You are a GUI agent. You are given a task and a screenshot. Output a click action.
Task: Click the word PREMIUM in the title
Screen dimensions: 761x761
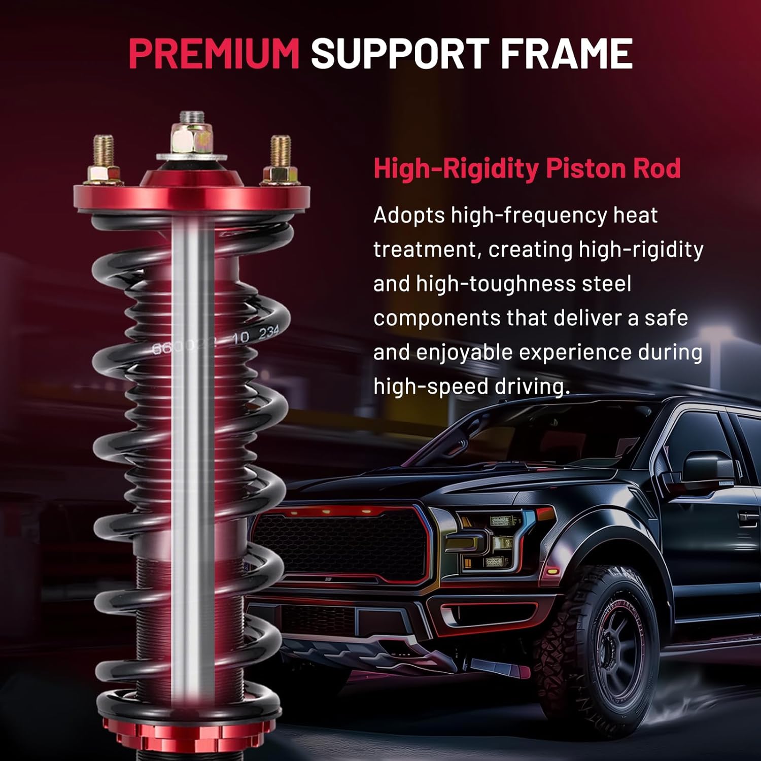214,53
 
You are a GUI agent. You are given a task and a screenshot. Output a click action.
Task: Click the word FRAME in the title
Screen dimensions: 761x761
567,53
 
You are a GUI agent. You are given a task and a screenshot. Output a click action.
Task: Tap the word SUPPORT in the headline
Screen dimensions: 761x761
400,53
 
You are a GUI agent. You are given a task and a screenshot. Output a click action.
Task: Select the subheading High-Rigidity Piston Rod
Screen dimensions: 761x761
527,168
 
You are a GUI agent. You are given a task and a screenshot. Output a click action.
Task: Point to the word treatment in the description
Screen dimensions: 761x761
427,250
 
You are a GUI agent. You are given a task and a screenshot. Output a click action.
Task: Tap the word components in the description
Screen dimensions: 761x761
437,319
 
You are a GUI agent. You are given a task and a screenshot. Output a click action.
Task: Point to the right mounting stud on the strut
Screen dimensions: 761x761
280,160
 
